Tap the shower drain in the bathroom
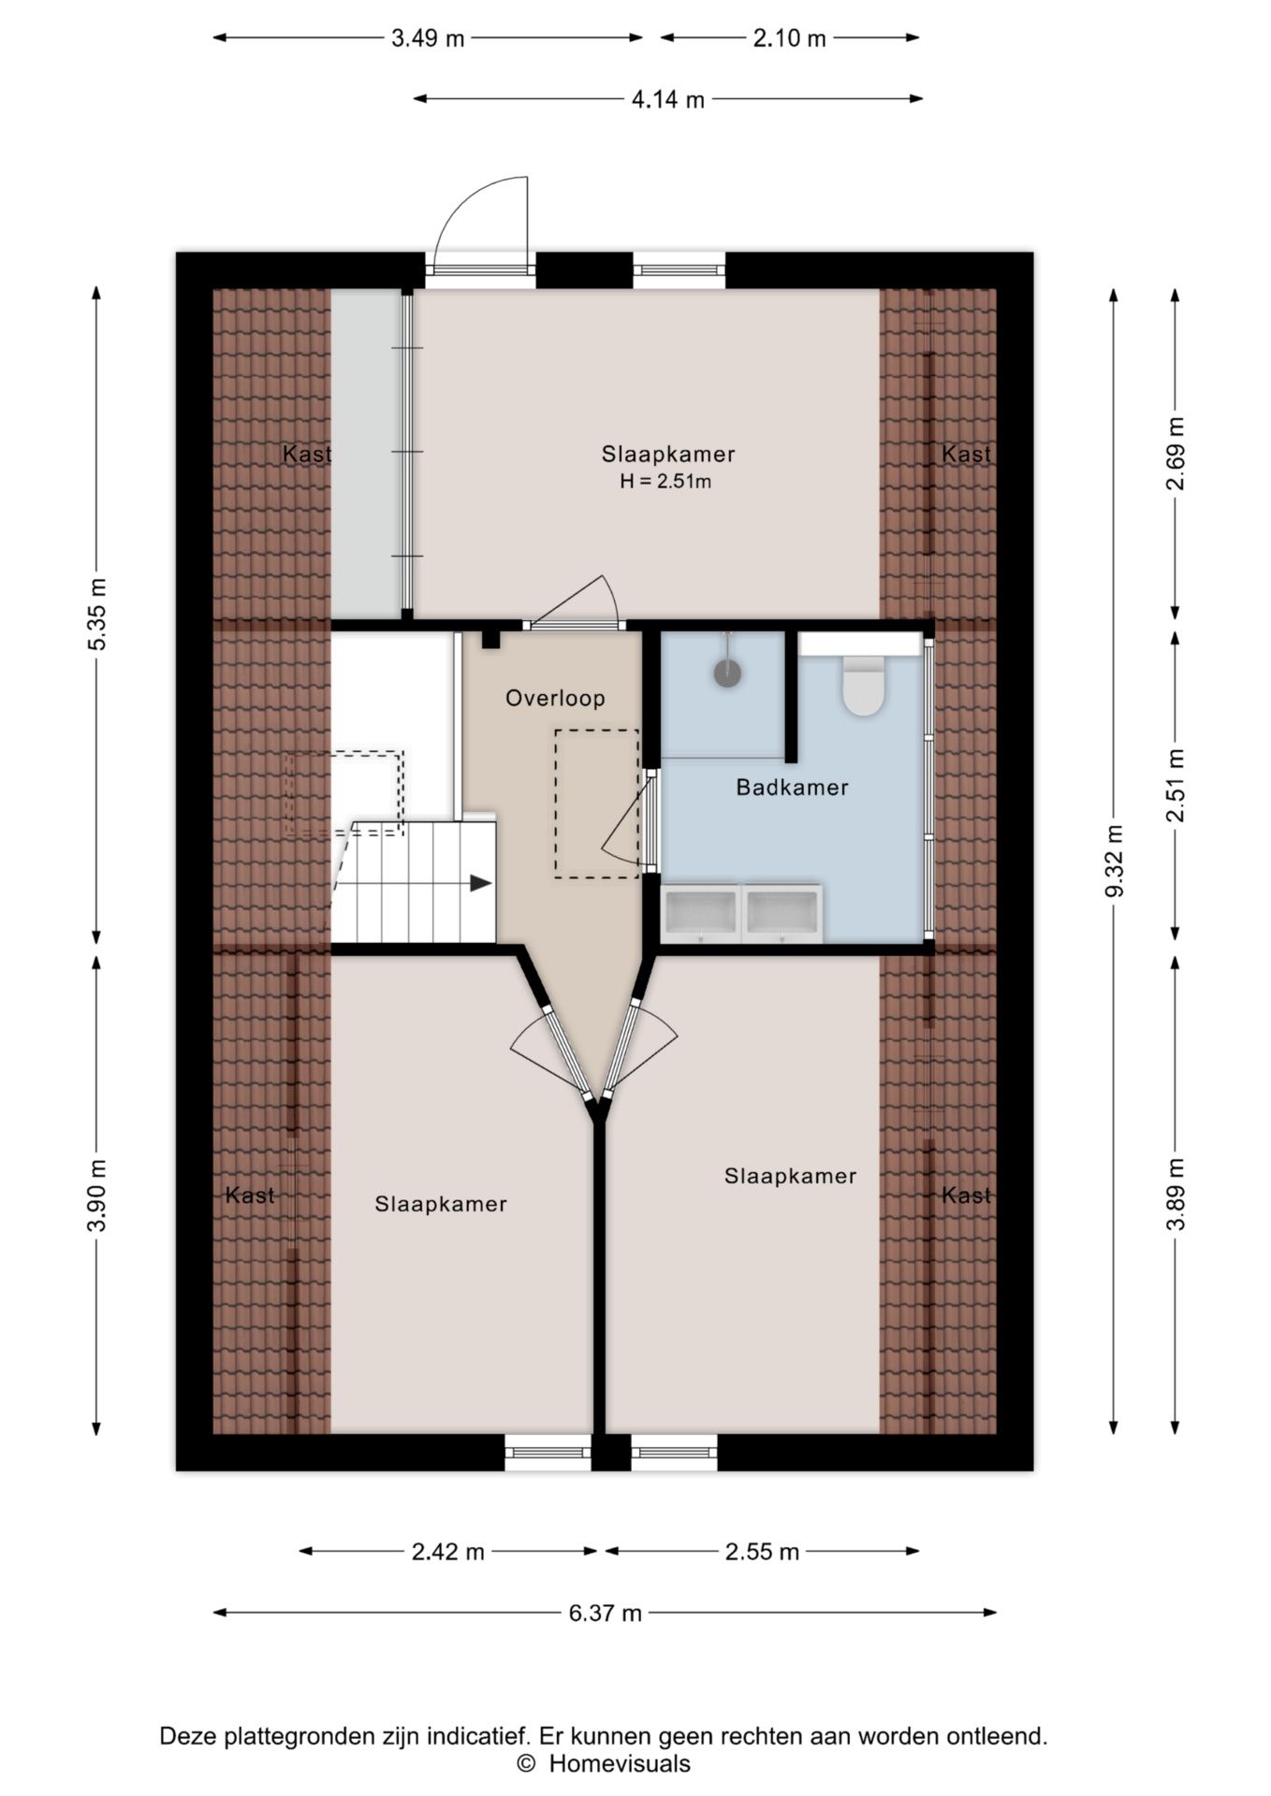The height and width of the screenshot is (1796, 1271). (727, 673)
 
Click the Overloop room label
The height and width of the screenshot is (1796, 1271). (555, 698)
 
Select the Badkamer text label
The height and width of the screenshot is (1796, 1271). (792, 788)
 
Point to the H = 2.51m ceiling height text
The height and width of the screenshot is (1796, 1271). (665, 482)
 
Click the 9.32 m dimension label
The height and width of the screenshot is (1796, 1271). (1114, 861)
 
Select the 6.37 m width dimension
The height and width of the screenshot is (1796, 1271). (606, 1613)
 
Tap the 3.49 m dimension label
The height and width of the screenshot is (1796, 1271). (428, 38)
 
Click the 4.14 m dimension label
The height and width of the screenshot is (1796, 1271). (668, 99)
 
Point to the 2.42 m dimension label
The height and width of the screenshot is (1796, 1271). (448, 1552)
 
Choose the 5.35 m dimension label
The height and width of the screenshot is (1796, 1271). (97, 614)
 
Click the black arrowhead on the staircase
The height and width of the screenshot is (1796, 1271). (481, 882)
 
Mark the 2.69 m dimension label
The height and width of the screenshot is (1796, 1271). (1176, 454)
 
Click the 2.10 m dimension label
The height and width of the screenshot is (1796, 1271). (790, 38)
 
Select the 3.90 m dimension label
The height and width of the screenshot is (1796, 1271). (97, 1195)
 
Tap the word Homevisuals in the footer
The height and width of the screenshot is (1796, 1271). (620, 1764)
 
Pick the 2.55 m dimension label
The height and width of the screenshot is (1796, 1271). (763, 1552)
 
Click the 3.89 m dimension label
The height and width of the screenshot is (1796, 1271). (1176, 1195)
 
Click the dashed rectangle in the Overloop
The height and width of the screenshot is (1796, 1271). (555, 804)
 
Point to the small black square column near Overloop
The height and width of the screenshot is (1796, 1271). (490, 640)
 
